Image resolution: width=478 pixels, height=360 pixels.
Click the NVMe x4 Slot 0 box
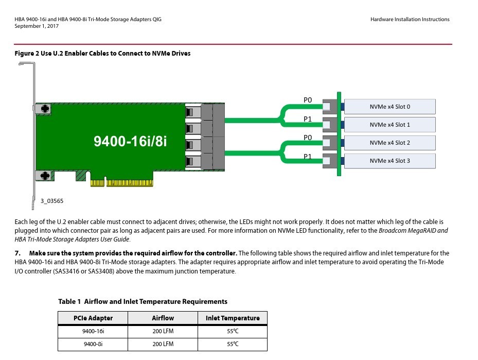click(x=390, y=107)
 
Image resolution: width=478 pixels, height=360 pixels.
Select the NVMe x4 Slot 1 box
click(x=390, y=125)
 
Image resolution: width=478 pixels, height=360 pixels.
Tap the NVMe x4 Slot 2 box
click(x=390, y=143)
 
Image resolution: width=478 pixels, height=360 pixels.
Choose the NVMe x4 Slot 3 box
click(x=390, y=161)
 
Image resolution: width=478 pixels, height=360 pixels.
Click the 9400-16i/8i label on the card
click(x=130, y=141)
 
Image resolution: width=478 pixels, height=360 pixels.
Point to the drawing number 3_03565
click(x=52, y=201)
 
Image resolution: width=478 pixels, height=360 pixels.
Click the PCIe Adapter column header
click(x=93, y=318)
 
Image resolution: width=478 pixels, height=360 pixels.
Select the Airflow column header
click(x=163, y=318)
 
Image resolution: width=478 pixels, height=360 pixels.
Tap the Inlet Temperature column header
click(x=233, y=318)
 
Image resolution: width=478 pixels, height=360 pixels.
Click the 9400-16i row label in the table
click(x=93, y=331)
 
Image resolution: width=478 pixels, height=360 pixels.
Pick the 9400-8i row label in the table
click(x=93, y=344)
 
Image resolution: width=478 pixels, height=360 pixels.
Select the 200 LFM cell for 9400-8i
click(x=163, y=344)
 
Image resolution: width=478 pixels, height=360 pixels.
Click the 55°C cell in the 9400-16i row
click(x=233, y=331)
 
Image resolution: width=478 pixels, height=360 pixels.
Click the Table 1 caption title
click(x=143, y=301)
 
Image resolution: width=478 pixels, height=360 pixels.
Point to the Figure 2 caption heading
click(x=102, y=54)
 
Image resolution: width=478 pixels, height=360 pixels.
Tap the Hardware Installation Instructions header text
click(x=410, y=20)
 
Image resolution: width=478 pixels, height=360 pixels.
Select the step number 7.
click(x=18, y=253)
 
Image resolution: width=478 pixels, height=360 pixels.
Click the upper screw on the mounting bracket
click(x=45, y=109)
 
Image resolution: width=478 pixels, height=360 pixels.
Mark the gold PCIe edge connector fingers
click(x=121, y=183)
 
